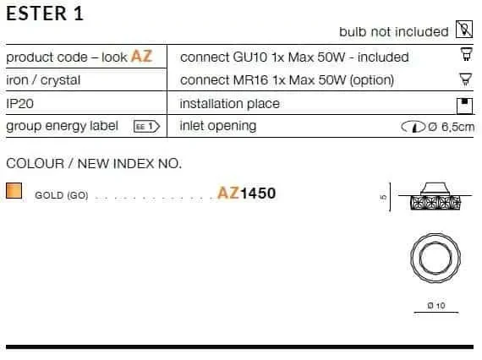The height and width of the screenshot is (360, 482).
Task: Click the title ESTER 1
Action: tap(45, 14)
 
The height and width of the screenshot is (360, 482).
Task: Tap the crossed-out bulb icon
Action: tap(464, 30)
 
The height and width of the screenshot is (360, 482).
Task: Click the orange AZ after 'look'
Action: tap(142, 57)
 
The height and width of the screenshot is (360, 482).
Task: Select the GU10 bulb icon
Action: tap(466, 54)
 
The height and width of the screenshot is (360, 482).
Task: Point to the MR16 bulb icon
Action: tap(465, 79)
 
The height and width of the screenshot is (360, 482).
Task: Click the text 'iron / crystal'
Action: tap(43, 80)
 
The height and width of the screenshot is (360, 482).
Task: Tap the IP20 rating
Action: tap(20, 103)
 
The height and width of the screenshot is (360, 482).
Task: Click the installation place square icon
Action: tap(464, 106)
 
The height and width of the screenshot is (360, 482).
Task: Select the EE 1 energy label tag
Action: tap(146, 127)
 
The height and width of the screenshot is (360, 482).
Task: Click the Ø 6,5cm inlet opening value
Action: tap(452, 127)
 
